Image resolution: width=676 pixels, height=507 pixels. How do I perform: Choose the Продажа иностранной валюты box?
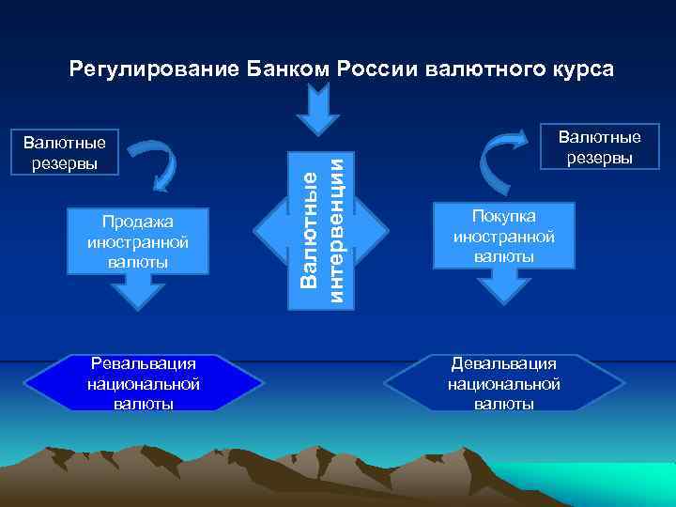click(x=138, y=240)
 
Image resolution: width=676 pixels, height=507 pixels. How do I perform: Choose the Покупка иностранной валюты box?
click(x=503, y=236)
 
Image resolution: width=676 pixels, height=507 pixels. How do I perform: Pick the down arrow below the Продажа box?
click(x=138, y=294)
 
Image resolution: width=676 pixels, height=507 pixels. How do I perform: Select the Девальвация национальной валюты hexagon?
click(x=504, y=383)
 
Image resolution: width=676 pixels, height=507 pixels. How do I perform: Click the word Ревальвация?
click(x=143, y=363)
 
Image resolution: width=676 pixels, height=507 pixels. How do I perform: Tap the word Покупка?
click(x=503, y=217)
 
